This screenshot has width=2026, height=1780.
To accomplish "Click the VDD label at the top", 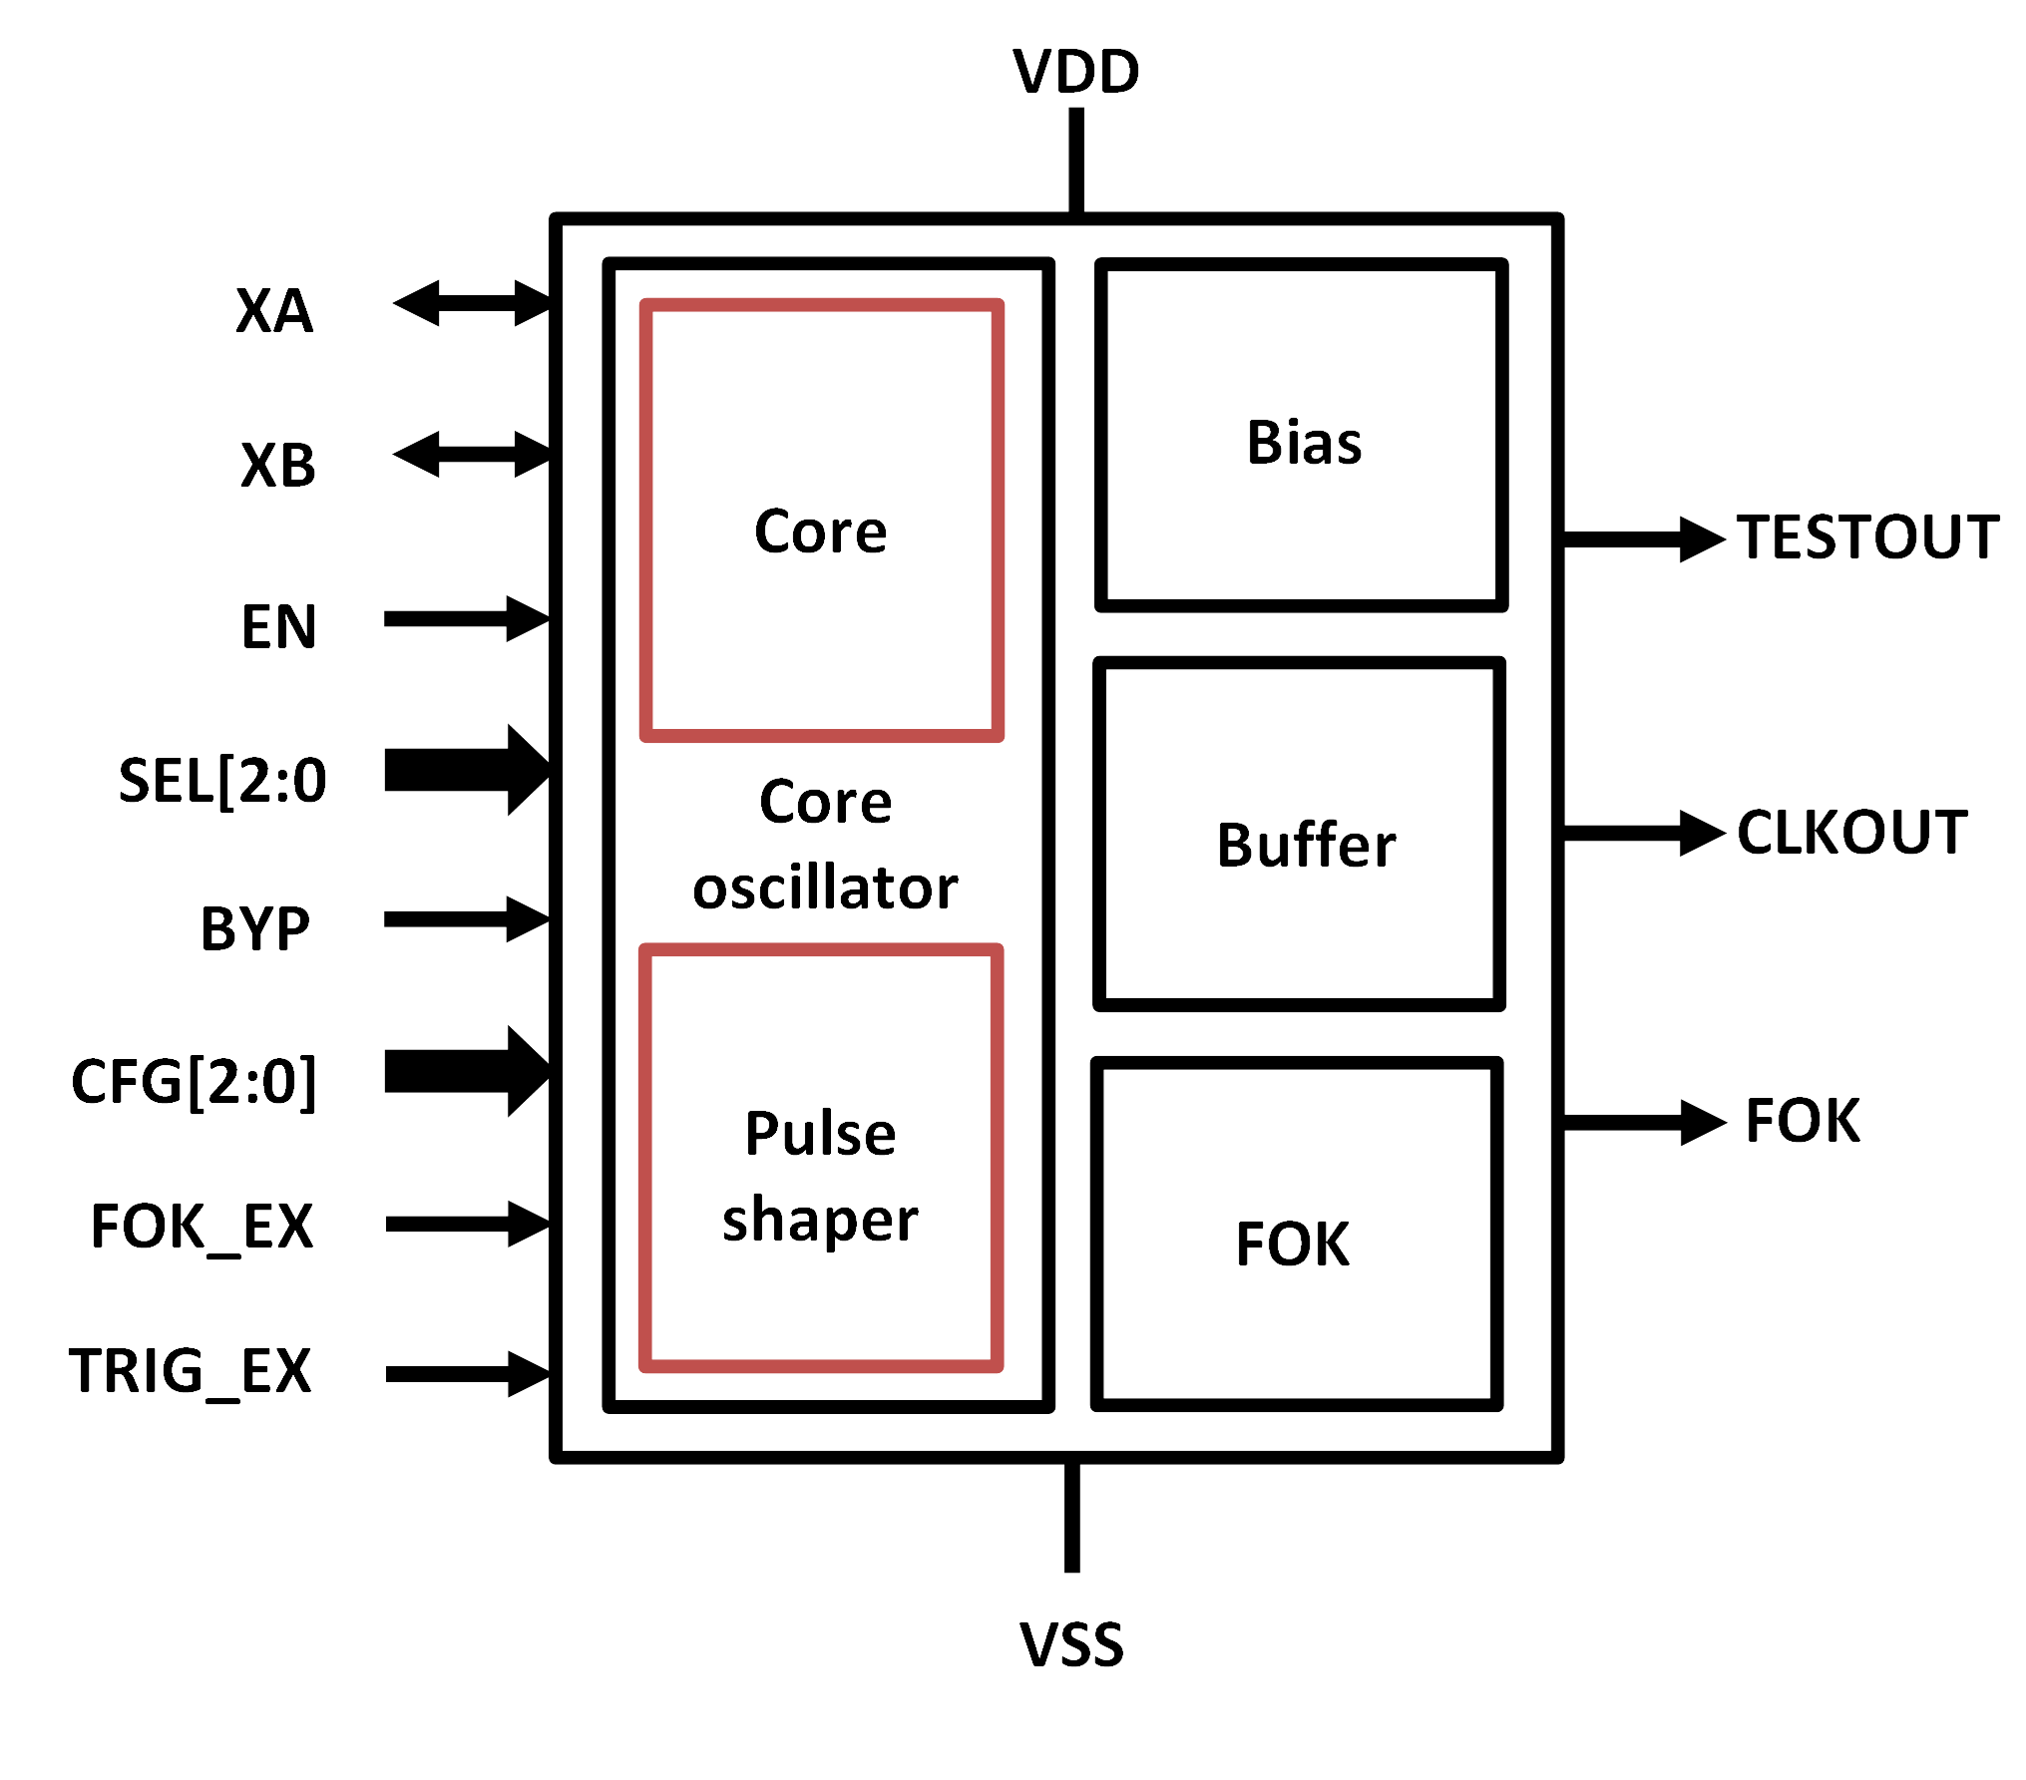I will point(1075,72).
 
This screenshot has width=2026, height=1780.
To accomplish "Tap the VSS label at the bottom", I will point(1070,1644).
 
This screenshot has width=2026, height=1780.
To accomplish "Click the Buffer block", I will point(1299,835).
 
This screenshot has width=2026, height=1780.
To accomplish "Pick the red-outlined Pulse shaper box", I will point(820,1158).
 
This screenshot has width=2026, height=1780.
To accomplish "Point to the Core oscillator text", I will point(825,844).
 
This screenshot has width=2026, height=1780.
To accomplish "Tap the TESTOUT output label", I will point(1866,537).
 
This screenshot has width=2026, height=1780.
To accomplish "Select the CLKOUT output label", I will point(1851,832).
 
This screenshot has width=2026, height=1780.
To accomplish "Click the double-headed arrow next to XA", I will point(471,303).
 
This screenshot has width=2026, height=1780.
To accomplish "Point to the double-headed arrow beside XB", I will point(471,455).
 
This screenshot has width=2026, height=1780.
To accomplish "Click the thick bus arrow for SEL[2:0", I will point(467,770).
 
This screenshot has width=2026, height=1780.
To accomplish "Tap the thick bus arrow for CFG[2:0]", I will point(467,1071).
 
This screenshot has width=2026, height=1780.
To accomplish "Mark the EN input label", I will point(278,627).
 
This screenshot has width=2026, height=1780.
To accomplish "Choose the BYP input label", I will point(255,928).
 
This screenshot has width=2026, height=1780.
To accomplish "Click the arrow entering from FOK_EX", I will point(467,1224).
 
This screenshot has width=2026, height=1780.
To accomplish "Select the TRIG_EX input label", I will point(190,1371).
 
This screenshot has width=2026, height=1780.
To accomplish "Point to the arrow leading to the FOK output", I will point(1644,1123).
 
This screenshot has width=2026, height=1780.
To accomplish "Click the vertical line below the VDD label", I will point(1075,160).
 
